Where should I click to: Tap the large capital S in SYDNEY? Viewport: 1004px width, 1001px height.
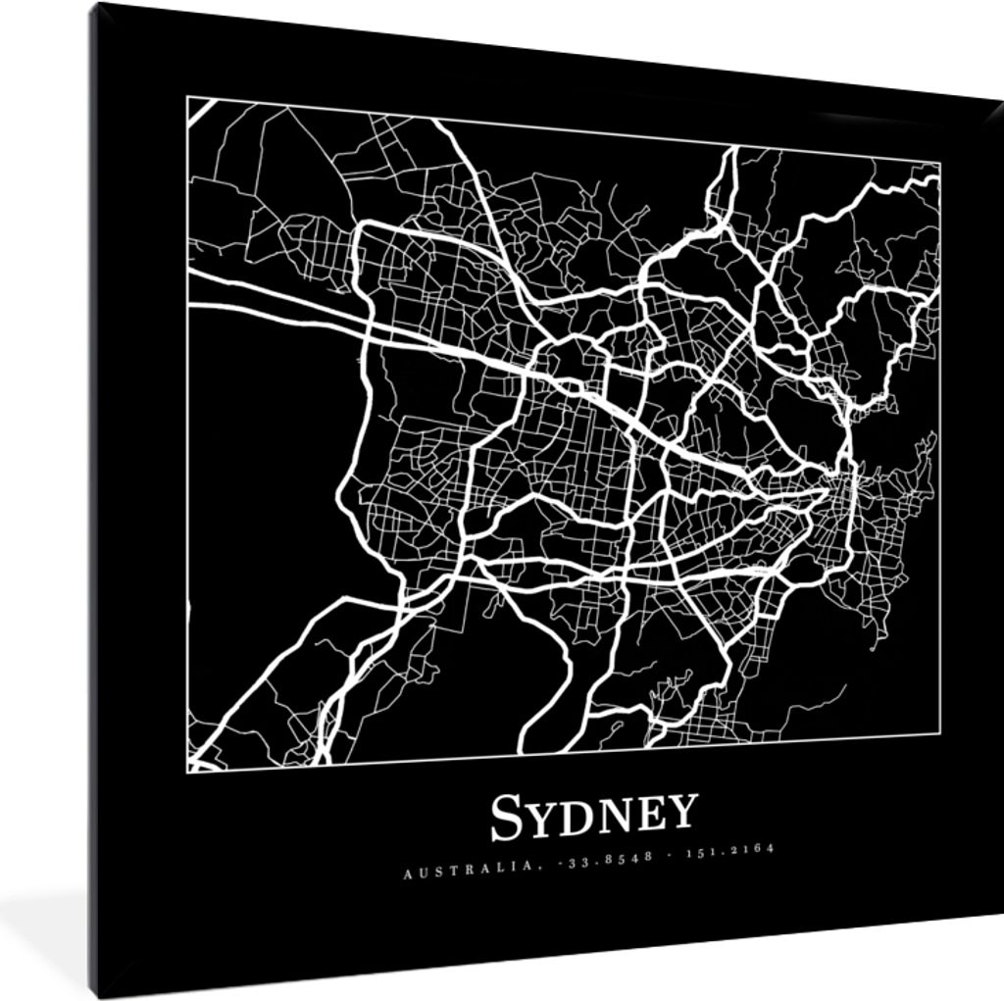[x=506, y=819]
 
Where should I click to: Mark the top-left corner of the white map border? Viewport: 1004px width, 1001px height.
[x=187, y=97]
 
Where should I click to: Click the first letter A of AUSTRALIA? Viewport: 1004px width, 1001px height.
[x=406, y=873]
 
